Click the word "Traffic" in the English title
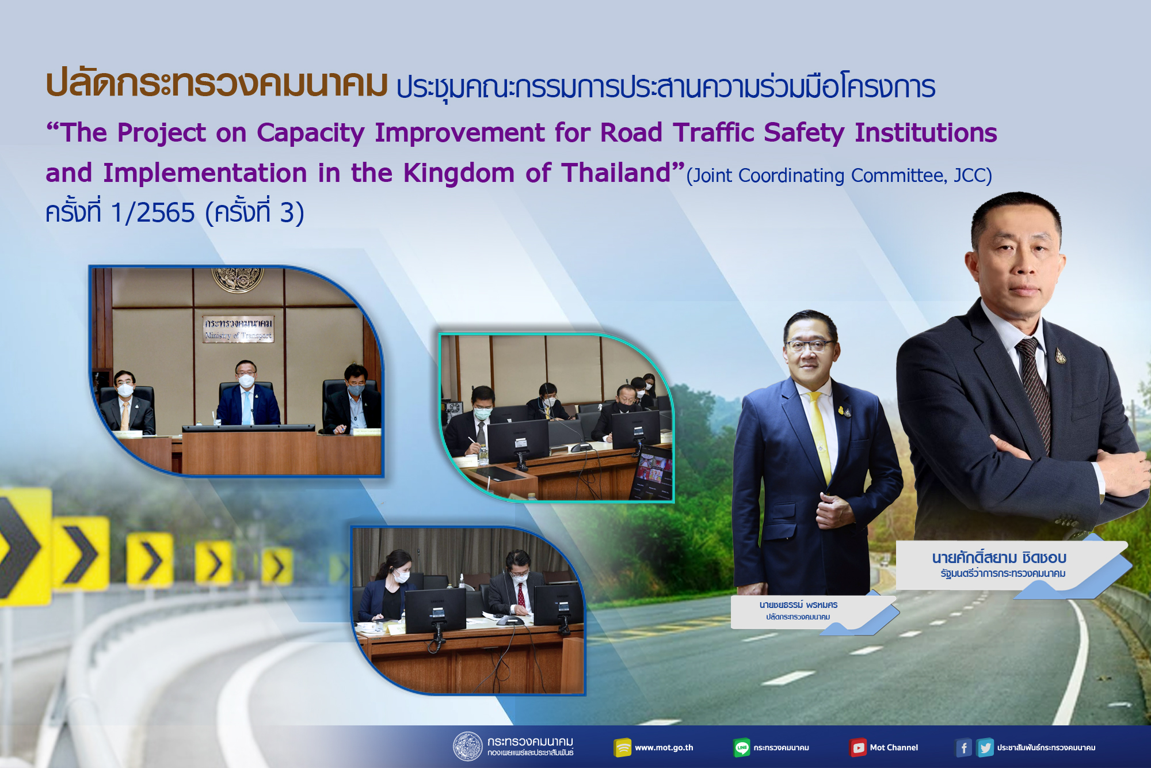coord(713,132)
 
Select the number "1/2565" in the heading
coord(153,213)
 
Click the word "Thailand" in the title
coord(616,173)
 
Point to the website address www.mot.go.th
coord(664,748)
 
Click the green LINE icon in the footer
coord(742,747)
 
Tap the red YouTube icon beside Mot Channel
coord(858,748)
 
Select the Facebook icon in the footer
coord(963,748)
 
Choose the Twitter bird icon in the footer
coord(985,748)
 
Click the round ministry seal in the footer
coord(467,747)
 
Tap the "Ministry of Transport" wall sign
coord(238,329)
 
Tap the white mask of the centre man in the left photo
coord(246,381)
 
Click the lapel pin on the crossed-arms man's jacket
coord(1060,355)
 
